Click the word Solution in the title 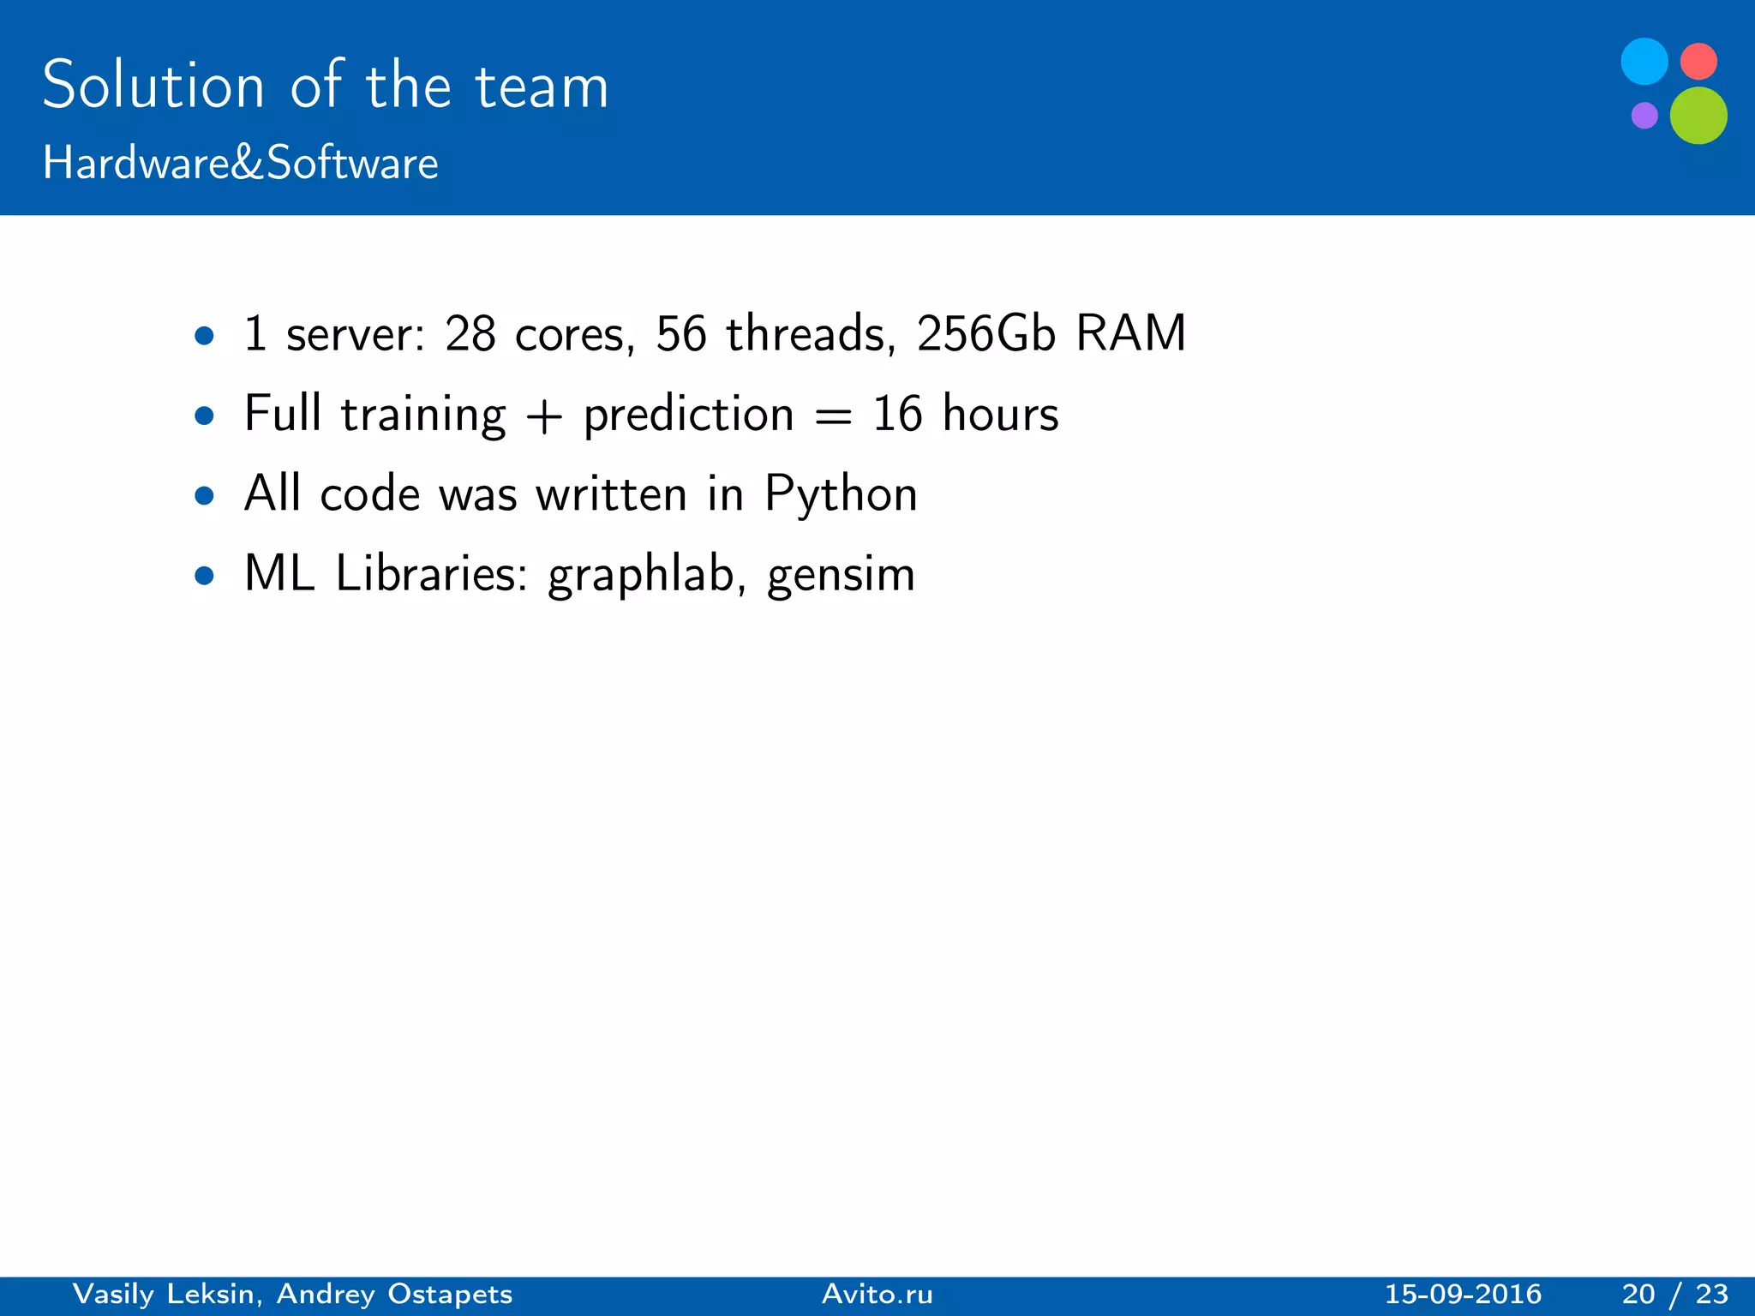click(x=153, y=86)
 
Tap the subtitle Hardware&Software click(x=240, y=163)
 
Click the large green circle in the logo click(x=1698, y=116)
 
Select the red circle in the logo click(x=1698, y=62)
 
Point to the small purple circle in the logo click(x=1644, y=115)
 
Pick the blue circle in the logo click(x=1644, y=62)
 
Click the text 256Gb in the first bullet click(x=985, y=333)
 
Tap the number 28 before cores click(x=470, y=333)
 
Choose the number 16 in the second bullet click(x=896, y=414)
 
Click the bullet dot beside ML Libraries click(x=204, y=575)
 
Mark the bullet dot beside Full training click(x=204, y=416)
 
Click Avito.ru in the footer click(x=877, y=1294)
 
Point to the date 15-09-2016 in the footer click(x=1463, y=1294)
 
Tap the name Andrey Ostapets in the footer click(x=394, y=1294)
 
